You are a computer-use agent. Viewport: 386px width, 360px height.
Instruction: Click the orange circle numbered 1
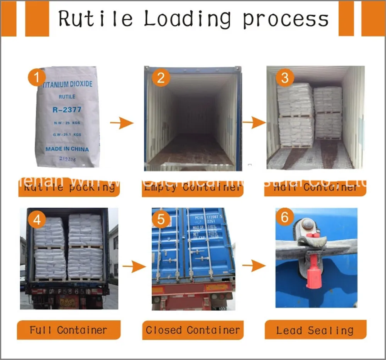(x=37, y=78)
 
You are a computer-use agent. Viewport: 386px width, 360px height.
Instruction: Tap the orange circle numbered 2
(x=161, y=78)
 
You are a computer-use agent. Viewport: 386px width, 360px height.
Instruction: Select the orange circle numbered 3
(x=284, y=78)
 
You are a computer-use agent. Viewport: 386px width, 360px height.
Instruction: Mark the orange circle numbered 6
(x=284, y=217)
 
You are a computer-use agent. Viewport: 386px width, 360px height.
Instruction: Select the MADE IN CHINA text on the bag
(x=67, y=149)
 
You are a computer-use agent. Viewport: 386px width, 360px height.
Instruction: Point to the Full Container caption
(x=68, y=330)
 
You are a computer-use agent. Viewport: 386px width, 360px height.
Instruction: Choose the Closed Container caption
(x=193, y=330)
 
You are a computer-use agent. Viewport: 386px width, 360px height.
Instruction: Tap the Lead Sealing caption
(x=315, y=330)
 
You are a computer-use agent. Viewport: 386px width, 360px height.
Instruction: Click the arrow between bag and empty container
(x=121, y=123)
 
